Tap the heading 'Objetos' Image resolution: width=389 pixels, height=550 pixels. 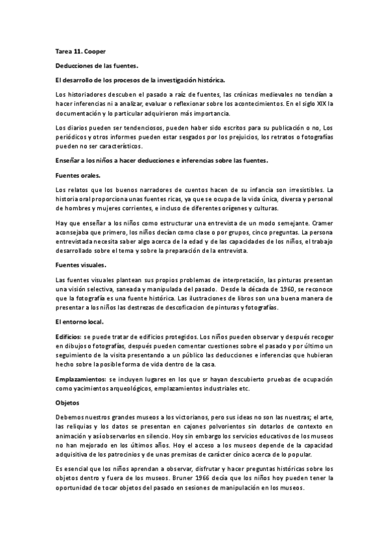[x=67, y=403]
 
